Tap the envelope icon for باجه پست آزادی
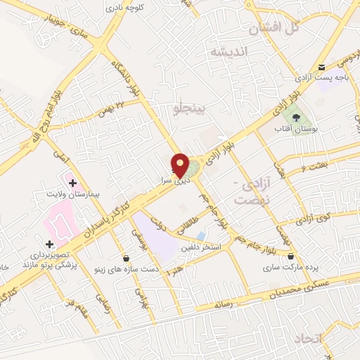[322, 67]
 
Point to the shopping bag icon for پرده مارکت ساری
[290, 255]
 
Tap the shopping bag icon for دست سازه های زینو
[126, 257]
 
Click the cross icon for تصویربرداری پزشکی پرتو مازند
[49, 243]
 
